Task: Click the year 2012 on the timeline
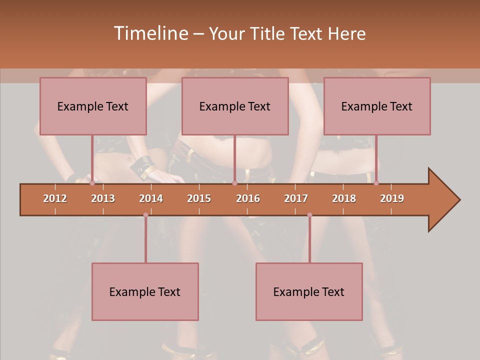[55, 198]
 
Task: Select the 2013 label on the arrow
[103, 198]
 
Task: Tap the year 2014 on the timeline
[151, 198]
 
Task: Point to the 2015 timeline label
[199, 198]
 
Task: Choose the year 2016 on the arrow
[248, 198]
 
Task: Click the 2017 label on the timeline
[296, 198]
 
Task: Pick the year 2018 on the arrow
[344, 198]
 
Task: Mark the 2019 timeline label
[392, 198]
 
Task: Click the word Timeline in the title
[150, 33]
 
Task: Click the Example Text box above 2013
[93, 106]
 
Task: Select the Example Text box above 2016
[235, 106]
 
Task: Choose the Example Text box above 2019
[377, 106]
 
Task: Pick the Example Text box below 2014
[145, 292]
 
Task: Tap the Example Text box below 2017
[309, 292]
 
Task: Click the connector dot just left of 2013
[92, 183]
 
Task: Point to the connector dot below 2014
[145, 215]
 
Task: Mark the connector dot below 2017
[309, 215]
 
